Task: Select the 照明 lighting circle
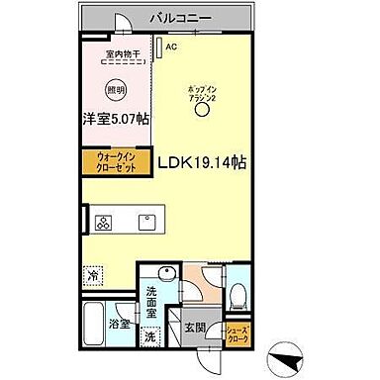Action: (117, 86)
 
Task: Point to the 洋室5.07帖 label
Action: (115, 119)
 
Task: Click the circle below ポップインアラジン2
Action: (203, 111)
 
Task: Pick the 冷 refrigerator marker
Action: (94, 274)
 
